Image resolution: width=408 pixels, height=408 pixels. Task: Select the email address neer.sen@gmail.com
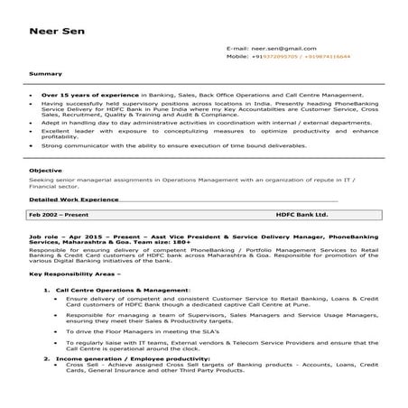click(x=277, y=47)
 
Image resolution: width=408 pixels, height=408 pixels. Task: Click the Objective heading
click(x=47, y=169)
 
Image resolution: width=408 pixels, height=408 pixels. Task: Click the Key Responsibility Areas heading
click(x=74, y=272)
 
